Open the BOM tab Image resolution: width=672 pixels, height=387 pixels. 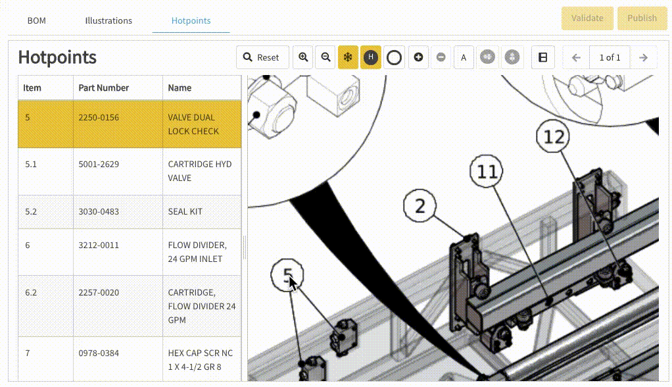pyautogui.click(x=36, y=20)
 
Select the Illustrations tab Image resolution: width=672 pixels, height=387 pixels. pyautogui.click(x=108, y=20)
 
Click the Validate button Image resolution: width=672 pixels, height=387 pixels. pyautogui.click(x=587, y=18)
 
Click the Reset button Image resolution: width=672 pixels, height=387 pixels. pyautogui.click(x=262, y=57)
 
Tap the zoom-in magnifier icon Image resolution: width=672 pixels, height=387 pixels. pyautogui.click(x=303, y=57)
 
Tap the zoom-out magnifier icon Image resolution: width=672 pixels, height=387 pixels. pyautogui.click(x=325, y=57)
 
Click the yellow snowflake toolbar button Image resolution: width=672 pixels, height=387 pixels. pyautogui.click(x=348, y=57)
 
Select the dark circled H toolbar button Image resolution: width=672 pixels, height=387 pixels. pyautogui.click(x=371, y=57)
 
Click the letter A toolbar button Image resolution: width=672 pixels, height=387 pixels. pyautogui.click(x=464, y=57)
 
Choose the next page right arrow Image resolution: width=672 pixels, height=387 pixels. pyautogui.click(x=643, y=57)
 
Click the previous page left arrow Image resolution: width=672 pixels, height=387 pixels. pyautogui.click(x=577, y=57)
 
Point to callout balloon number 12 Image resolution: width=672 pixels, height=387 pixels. pyautogui.click(x=553, y=136)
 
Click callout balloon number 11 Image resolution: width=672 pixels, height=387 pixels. pyautogui.click(x=487, y=171)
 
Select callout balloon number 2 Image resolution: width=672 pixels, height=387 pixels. pyautogui.click(x=420, y=206)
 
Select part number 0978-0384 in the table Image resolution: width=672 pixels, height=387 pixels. pyautogui.click(x=99, y=353)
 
